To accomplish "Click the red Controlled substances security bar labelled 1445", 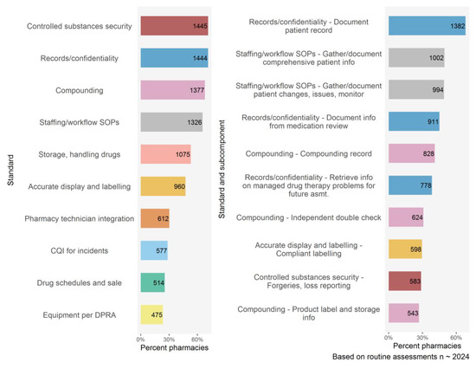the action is coord(174,26).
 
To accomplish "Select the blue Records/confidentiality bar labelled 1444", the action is coord(174,58).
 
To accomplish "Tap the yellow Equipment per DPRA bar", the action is coord(151,314).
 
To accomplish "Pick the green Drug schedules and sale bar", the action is coord(152,282).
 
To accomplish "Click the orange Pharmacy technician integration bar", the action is coord(155,218).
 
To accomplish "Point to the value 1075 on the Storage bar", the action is coord(183,154).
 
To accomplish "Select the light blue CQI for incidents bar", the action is coord(154,250).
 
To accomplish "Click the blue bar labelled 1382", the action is coord(428,26).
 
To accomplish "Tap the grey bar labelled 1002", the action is coord(416,58).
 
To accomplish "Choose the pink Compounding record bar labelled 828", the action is coord(412,153).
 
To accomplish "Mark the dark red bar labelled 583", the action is coord(405,282).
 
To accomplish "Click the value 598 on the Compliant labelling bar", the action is coord(415,249).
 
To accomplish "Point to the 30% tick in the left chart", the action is coord(169,340).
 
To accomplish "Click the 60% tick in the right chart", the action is coord(456,338).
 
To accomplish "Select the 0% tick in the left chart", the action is coord(140,340).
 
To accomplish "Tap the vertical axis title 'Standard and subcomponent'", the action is coord(222,169).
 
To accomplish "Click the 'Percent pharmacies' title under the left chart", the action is coord(175,347).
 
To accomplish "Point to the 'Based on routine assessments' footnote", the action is coord(401,357).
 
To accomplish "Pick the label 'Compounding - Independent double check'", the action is coord(309,217).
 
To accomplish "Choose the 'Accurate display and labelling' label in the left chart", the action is coord(80,186).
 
